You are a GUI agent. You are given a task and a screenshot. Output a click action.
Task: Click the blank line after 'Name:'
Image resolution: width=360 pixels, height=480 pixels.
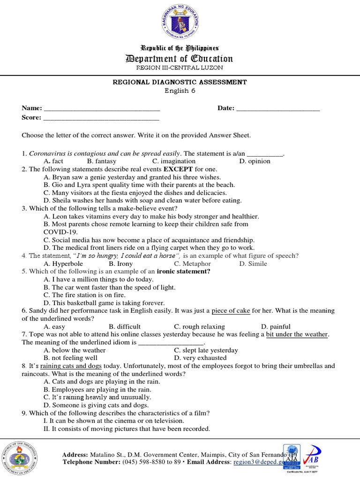[x=102, y=109]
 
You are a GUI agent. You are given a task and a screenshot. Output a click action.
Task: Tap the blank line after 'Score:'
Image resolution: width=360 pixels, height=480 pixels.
[x=102, y=118]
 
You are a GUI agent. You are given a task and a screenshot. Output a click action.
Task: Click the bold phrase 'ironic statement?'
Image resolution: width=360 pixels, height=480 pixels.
[x=183, y=271]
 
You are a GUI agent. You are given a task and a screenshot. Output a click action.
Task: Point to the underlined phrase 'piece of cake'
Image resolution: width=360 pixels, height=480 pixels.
[x=231, y=311]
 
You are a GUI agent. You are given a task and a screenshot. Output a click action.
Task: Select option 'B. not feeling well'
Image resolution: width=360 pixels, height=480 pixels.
[x=70, y=358]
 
